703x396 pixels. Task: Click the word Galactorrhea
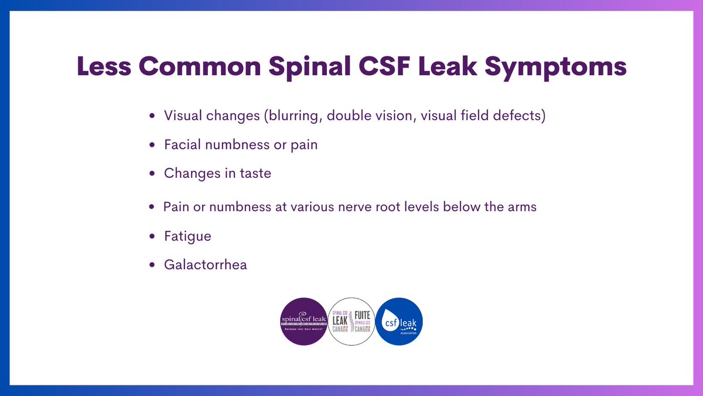tap(206, 265)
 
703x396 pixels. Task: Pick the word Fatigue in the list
tap(187, 236)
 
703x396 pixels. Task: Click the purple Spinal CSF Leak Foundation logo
tap(305, 321)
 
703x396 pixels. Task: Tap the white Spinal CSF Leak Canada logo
tap(351, 321)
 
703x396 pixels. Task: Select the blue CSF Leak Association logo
tap(399, 321)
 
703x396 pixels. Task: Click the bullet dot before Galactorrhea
tap(152, 265)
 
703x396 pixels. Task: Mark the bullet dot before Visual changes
tap(152, 117)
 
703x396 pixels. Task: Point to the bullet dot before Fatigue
tap(152, 237)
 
